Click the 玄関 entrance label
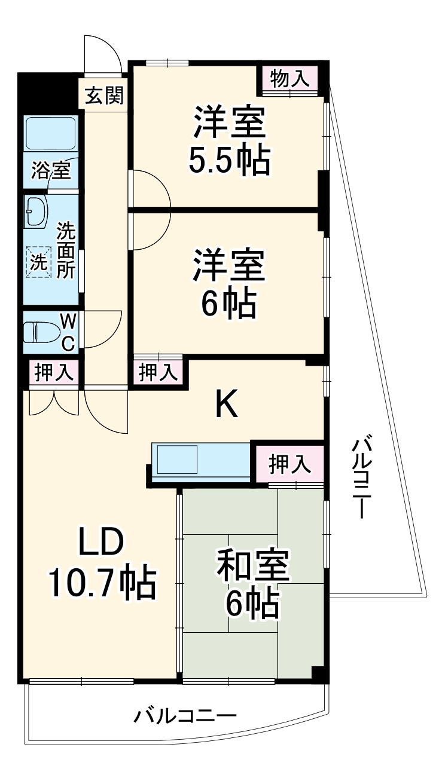[x=104, y=96]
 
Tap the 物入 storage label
[x=290, y=78]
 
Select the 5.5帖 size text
[x=229, y=160]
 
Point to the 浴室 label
[x=51, y=171]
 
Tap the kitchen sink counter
[x=200, y=460]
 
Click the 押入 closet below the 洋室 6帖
[x=158, y=372]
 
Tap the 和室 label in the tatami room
[x=252, y=566]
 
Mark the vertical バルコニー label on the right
[x=362, y=479]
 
